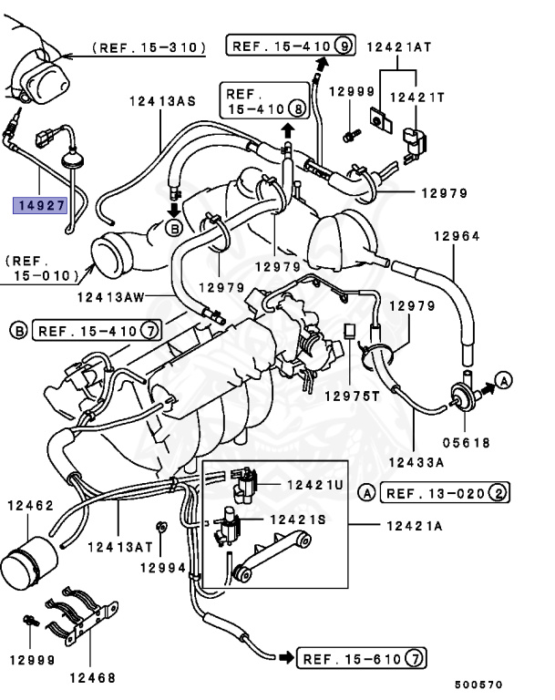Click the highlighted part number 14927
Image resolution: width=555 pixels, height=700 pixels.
[39, 205]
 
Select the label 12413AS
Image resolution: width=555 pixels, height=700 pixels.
[162, 102]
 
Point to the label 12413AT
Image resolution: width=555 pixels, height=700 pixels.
[119, 548]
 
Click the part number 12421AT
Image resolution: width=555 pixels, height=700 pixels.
[397, 46]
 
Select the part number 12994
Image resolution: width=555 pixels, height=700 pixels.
[162, 567]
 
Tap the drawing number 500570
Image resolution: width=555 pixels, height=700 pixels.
[478, 685]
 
